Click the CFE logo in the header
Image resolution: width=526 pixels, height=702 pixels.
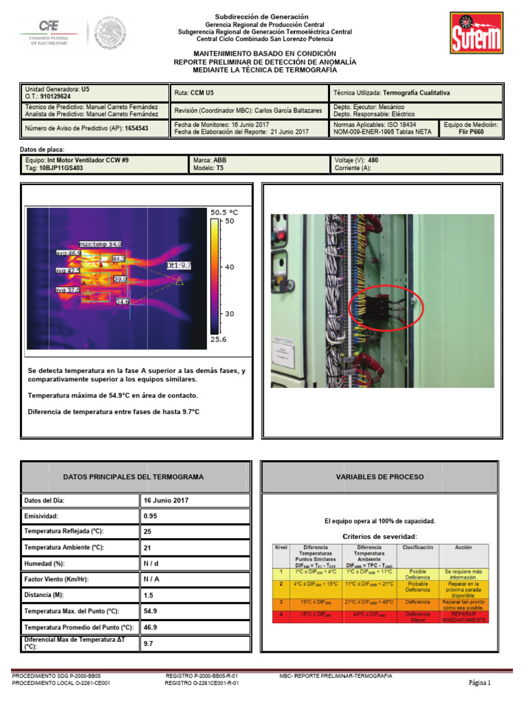[49, 32]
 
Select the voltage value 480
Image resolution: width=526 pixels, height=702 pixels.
[373, 160]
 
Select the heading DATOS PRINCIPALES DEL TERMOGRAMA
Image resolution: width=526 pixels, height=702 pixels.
[133, 476]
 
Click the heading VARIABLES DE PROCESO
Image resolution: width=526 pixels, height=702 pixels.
[379, 476]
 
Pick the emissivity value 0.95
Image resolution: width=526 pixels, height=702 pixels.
[150, 516]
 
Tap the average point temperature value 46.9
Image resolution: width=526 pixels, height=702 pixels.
[150, 627]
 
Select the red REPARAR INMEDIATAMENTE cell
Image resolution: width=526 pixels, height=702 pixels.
[464, 617]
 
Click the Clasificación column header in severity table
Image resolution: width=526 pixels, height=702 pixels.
[417, 548]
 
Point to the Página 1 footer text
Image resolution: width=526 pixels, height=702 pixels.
[479, 683]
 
